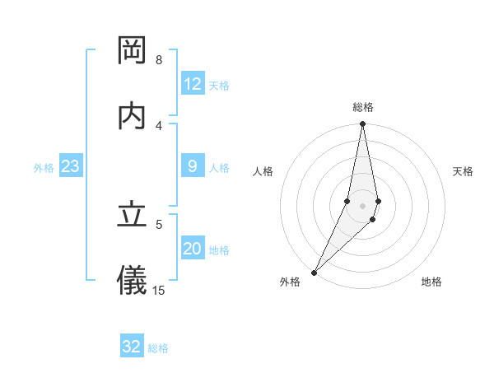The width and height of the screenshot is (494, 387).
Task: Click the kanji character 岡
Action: pos(133,51)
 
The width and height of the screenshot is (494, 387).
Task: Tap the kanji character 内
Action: pos(133,116)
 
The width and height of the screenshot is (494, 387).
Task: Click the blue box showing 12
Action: pos(193,84)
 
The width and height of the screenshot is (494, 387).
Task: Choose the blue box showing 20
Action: pos(193,249)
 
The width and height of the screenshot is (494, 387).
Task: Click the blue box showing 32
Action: pos(132,347)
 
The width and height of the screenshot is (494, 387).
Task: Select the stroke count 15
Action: pos(159,290)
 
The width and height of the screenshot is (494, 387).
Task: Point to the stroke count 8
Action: pos(159,60)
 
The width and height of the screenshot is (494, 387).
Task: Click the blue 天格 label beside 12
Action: pos(219,86)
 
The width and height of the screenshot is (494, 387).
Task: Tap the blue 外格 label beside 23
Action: pos(44,168)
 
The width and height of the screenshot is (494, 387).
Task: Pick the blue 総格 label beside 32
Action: pos(158,348)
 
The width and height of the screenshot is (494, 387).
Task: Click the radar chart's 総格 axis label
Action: pos(363,107)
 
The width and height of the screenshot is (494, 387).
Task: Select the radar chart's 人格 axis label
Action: pos(263,171)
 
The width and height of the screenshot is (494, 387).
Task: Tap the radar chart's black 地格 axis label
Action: pos(431,282)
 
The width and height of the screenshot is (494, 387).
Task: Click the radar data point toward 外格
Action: pos(314,273)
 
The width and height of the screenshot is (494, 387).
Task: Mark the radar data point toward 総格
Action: pos(362,124)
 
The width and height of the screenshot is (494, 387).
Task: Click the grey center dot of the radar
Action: pos(362,205)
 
